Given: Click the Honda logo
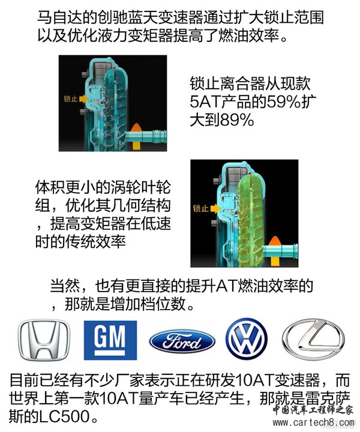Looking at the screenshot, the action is [44, 340].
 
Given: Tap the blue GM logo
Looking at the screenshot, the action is [110, 340].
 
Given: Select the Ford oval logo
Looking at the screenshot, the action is [182, 341].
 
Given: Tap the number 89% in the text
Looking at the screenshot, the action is [236, 120].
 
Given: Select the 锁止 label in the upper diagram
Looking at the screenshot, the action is [70, 98].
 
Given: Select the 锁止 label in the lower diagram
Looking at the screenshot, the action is [200, 209].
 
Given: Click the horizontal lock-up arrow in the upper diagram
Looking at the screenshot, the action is [83, 98].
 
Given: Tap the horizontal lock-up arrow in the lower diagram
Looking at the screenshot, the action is [215, 209].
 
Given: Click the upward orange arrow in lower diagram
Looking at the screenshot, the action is [274, 251].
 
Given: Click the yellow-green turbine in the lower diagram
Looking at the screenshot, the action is [251, 220].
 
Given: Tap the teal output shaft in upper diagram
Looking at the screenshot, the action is [146, 136].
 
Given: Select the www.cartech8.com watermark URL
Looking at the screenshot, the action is [313, 422].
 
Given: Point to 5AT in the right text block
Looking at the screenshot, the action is [204, 101].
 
